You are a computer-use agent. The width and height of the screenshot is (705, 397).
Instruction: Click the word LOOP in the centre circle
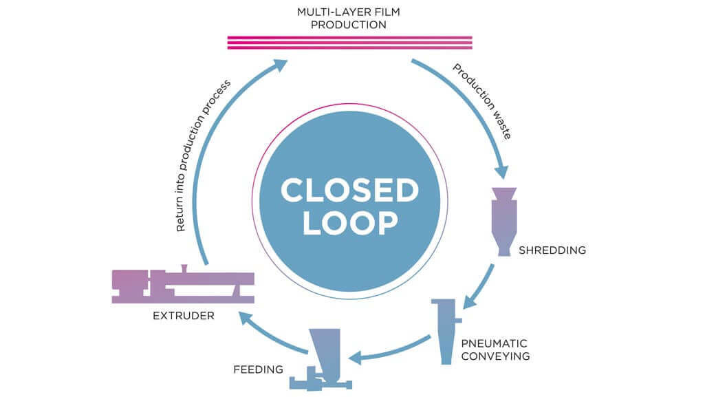point(349,223)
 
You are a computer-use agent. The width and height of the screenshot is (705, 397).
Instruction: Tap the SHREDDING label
point(552,250)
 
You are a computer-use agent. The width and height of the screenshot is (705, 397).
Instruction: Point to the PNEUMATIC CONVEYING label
point(495,349)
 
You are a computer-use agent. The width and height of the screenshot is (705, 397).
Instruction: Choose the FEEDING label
point(257,369)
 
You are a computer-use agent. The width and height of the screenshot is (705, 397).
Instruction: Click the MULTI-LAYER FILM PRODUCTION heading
point(349,19)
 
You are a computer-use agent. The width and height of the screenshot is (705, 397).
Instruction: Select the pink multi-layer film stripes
point(349,43)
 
